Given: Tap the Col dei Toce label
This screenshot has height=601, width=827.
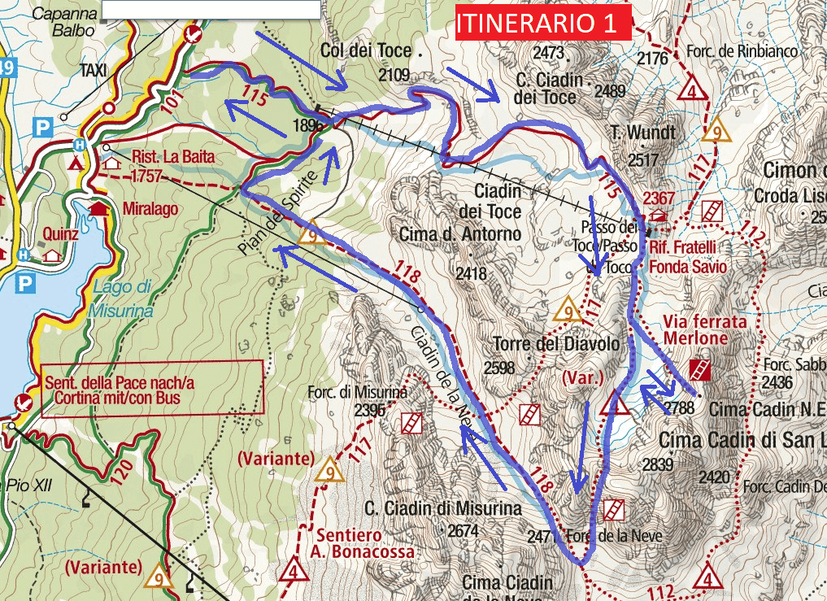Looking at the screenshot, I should pyautogui.click(x=366, y=50).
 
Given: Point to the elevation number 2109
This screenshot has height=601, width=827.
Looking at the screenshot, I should pyautogui.click(x=394, y=75).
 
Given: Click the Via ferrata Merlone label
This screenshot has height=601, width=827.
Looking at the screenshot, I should pyautogui.click(x=704, y=329).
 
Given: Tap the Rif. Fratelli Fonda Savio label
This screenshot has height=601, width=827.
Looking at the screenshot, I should pyautogui.click(x=682, y=256).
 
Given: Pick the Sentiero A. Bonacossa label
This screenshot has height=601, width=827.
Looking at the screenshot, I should pyautogui.click(x=363, y=543).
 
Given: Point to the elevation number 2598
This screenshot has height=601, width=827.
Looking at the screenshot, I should pyautogui.click(x=499, y=368).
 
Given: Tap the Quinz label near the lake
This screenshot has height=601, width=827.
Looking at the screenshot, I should pyautogui.click(x=63, y=235).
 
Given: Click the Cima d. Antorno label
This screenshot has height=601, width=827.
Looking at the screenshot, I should pyautogui.click(x=459, y=234).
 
